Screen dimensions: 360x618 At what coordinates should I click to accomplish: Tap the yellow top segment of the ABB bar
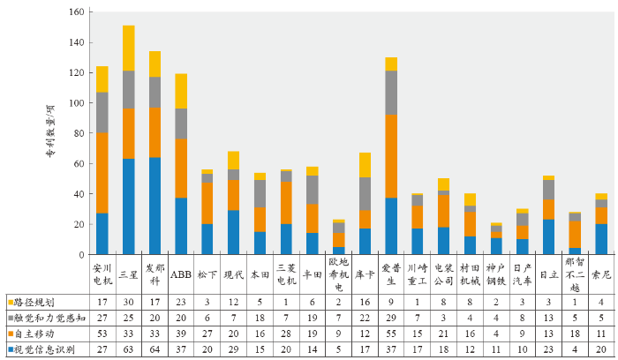[x=181, y=91]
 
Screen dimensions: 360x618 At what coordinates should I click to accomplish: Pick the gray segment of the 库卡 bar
[x=365, y=194]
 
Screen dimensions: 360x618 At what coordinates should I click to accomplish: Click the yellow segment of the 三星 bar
[x=129, y=48]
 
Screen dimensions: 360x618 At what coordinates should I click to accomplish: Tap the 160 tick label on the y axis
[x=75, y=12]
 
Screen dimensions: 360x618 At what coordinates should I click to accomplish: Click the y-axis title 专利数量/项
[x=50, y=132]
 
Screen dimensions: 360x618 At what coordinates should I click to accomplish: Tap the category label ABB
[x=181, y=273]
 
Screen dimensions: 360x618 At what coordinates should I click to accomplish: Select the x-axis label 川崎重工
[x=417, y=273]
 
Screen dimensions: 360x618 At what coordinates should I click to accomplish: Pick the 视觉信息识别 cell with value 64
[x=155, y=349]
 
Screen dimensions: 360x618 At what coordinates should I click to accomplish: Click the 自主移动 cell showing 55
[x=390, y=334]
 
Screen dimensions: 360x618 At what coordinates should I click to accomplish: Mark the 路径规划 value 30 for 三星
[x=129, y=301]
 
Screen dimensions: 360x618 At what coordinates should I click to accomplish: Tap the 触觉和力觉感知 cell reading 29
[x=390, y=318]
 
